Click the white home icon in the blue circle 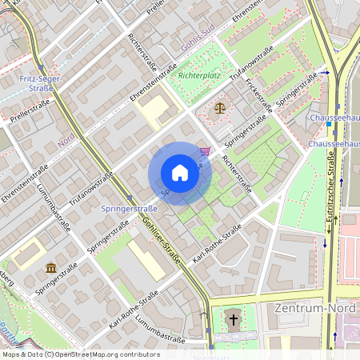coord(180,173)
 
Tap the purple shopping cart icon coord(206,150)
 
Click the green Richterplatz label coord(199,75)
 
